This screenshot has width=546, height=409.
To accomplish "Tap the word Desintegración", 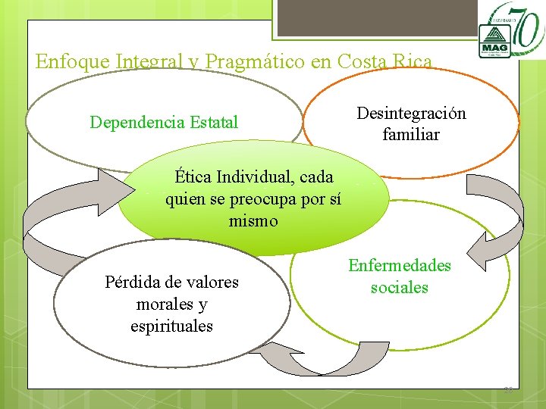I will (411, 114).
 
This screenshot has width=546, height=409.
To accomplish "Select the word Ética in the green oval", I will (193, 178).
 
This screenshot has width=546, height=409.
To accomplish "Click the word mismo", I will (253, 222).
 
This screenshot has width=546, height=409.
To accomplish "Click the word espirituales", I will (171, 326).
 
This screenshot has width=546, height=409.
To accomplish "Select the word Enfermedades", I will (399, 266).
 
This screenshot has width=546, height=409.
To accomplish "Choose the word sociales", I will (399, 288).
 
